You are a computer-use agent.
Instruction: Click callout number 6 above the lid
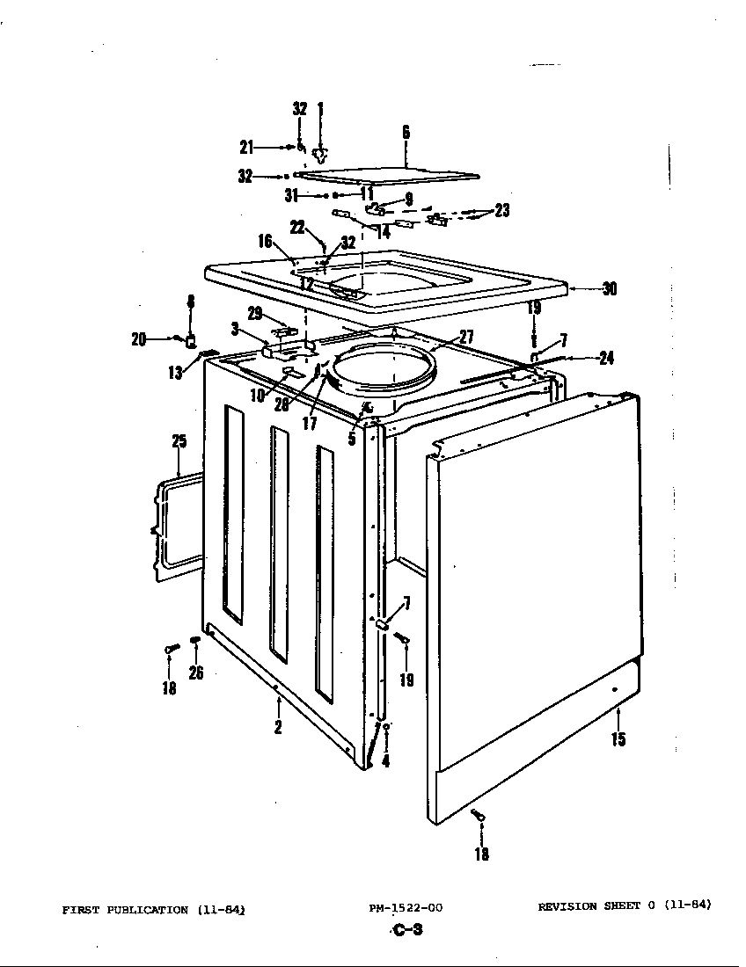406,133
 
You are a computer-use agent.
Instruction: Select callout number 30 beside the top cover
609,288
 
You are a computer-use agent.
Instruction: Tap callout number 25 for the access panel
179,441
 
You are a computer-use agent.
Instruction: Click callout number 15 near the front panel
618,738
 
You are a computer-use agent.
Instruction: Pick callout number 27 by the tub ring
466,336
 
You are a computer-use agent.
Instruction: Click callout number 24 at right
606,358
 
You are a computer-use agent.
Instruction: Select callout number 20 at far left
138,339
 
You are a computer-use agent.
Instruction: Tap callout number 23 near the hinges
502,210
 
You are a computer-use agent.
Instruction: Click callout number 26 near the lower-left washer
196,673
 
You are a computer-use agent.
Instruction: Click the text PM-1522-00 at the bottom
406,908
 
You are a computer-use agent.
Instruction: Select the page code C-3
406,931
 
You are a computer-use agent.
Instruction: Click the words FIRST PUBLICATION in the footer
125,910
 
